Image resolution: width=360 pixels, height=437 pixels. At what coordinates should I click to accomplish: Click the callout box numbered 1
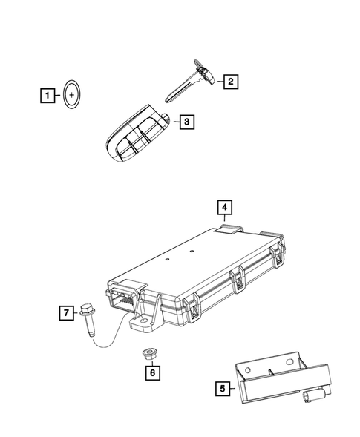click(47, 95)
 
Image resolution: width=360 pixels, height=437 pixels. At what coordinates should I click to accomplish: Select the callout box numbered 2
click(232, 82)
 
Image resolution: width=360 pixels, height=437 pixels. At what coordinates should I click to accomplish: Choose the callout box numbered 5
click(221, 387)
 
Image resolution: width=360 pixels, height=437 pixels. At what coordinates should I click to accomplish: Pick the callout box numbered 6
click(151, 373)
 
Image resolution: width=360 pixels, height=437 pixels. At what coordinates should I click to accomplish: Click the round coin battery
click(73, 95)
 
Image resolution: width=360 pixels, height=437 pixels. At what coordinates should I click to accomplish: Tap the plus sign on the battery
click(73, 95)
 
